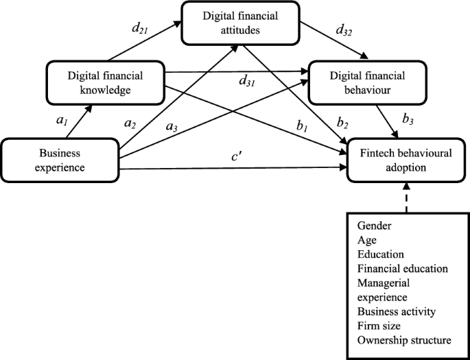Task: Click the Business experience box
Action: [60, 160]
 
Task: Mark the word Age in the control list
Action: [366, 239]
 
